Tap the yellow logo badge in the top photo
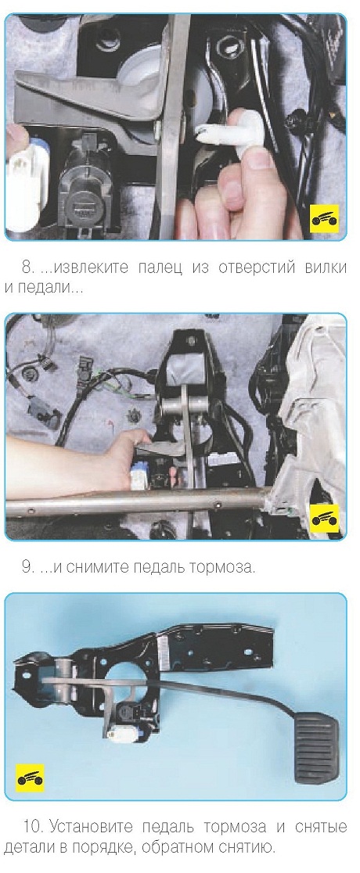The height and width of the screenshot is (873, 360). coord(324,219)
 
